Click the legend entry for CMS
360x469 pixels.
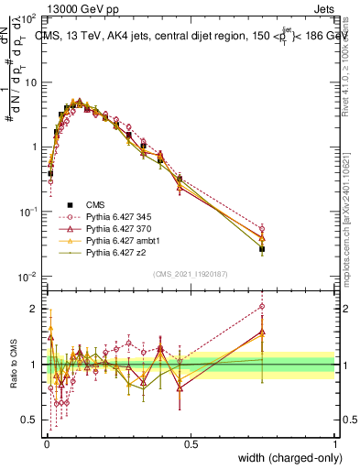click(96, 204)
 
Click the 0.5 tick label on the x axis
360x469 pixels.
click(191, 443)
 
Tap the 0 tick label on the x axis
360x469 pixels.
click(47, 443)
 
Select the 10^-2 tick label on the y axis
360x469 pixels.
click(29, 277)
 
